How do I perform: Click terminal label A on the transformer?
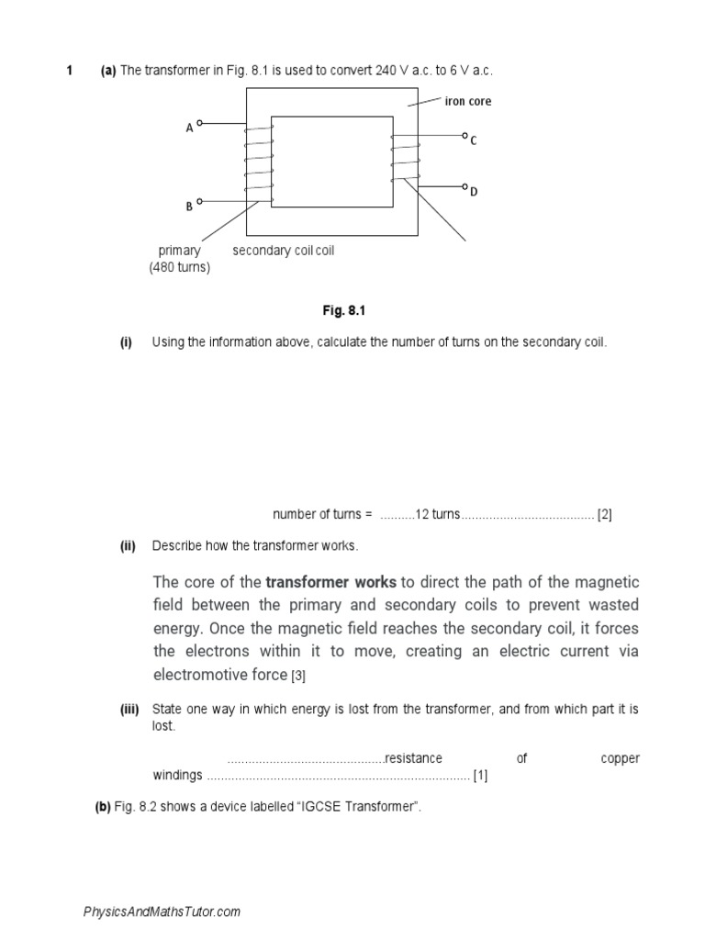(x=189, y=129)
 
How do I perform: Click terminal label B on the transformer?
(x=189, y=207)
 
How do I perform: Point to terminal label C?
(x=474, y=141)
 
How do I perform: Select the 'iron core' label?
(x=468, y=101)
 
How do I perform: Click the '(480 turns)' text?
(x=180, y=267)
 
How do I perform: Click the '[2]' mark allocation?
(x=604, y=514)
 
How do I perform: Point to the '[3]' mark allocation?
(x=298, y=677)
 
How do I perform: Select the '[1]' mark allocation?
(x=480, y=776)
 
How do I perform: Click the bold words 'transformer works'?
(x=331, y=583)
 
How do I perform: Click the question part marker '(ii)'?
(x=128, y=546)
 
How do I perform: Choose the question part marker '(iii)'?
(x=129, y=710)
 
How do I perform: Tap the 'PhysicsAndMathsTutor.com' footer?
(x=162, y=912)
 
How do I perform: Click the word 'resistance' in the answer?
(x=413, y=758)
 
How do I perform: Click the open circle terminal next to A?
(x=200, y=123)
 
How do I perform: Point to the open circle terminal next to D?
(x=465, y=185)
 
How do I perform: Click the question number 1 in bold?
(x=69, y=72)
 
